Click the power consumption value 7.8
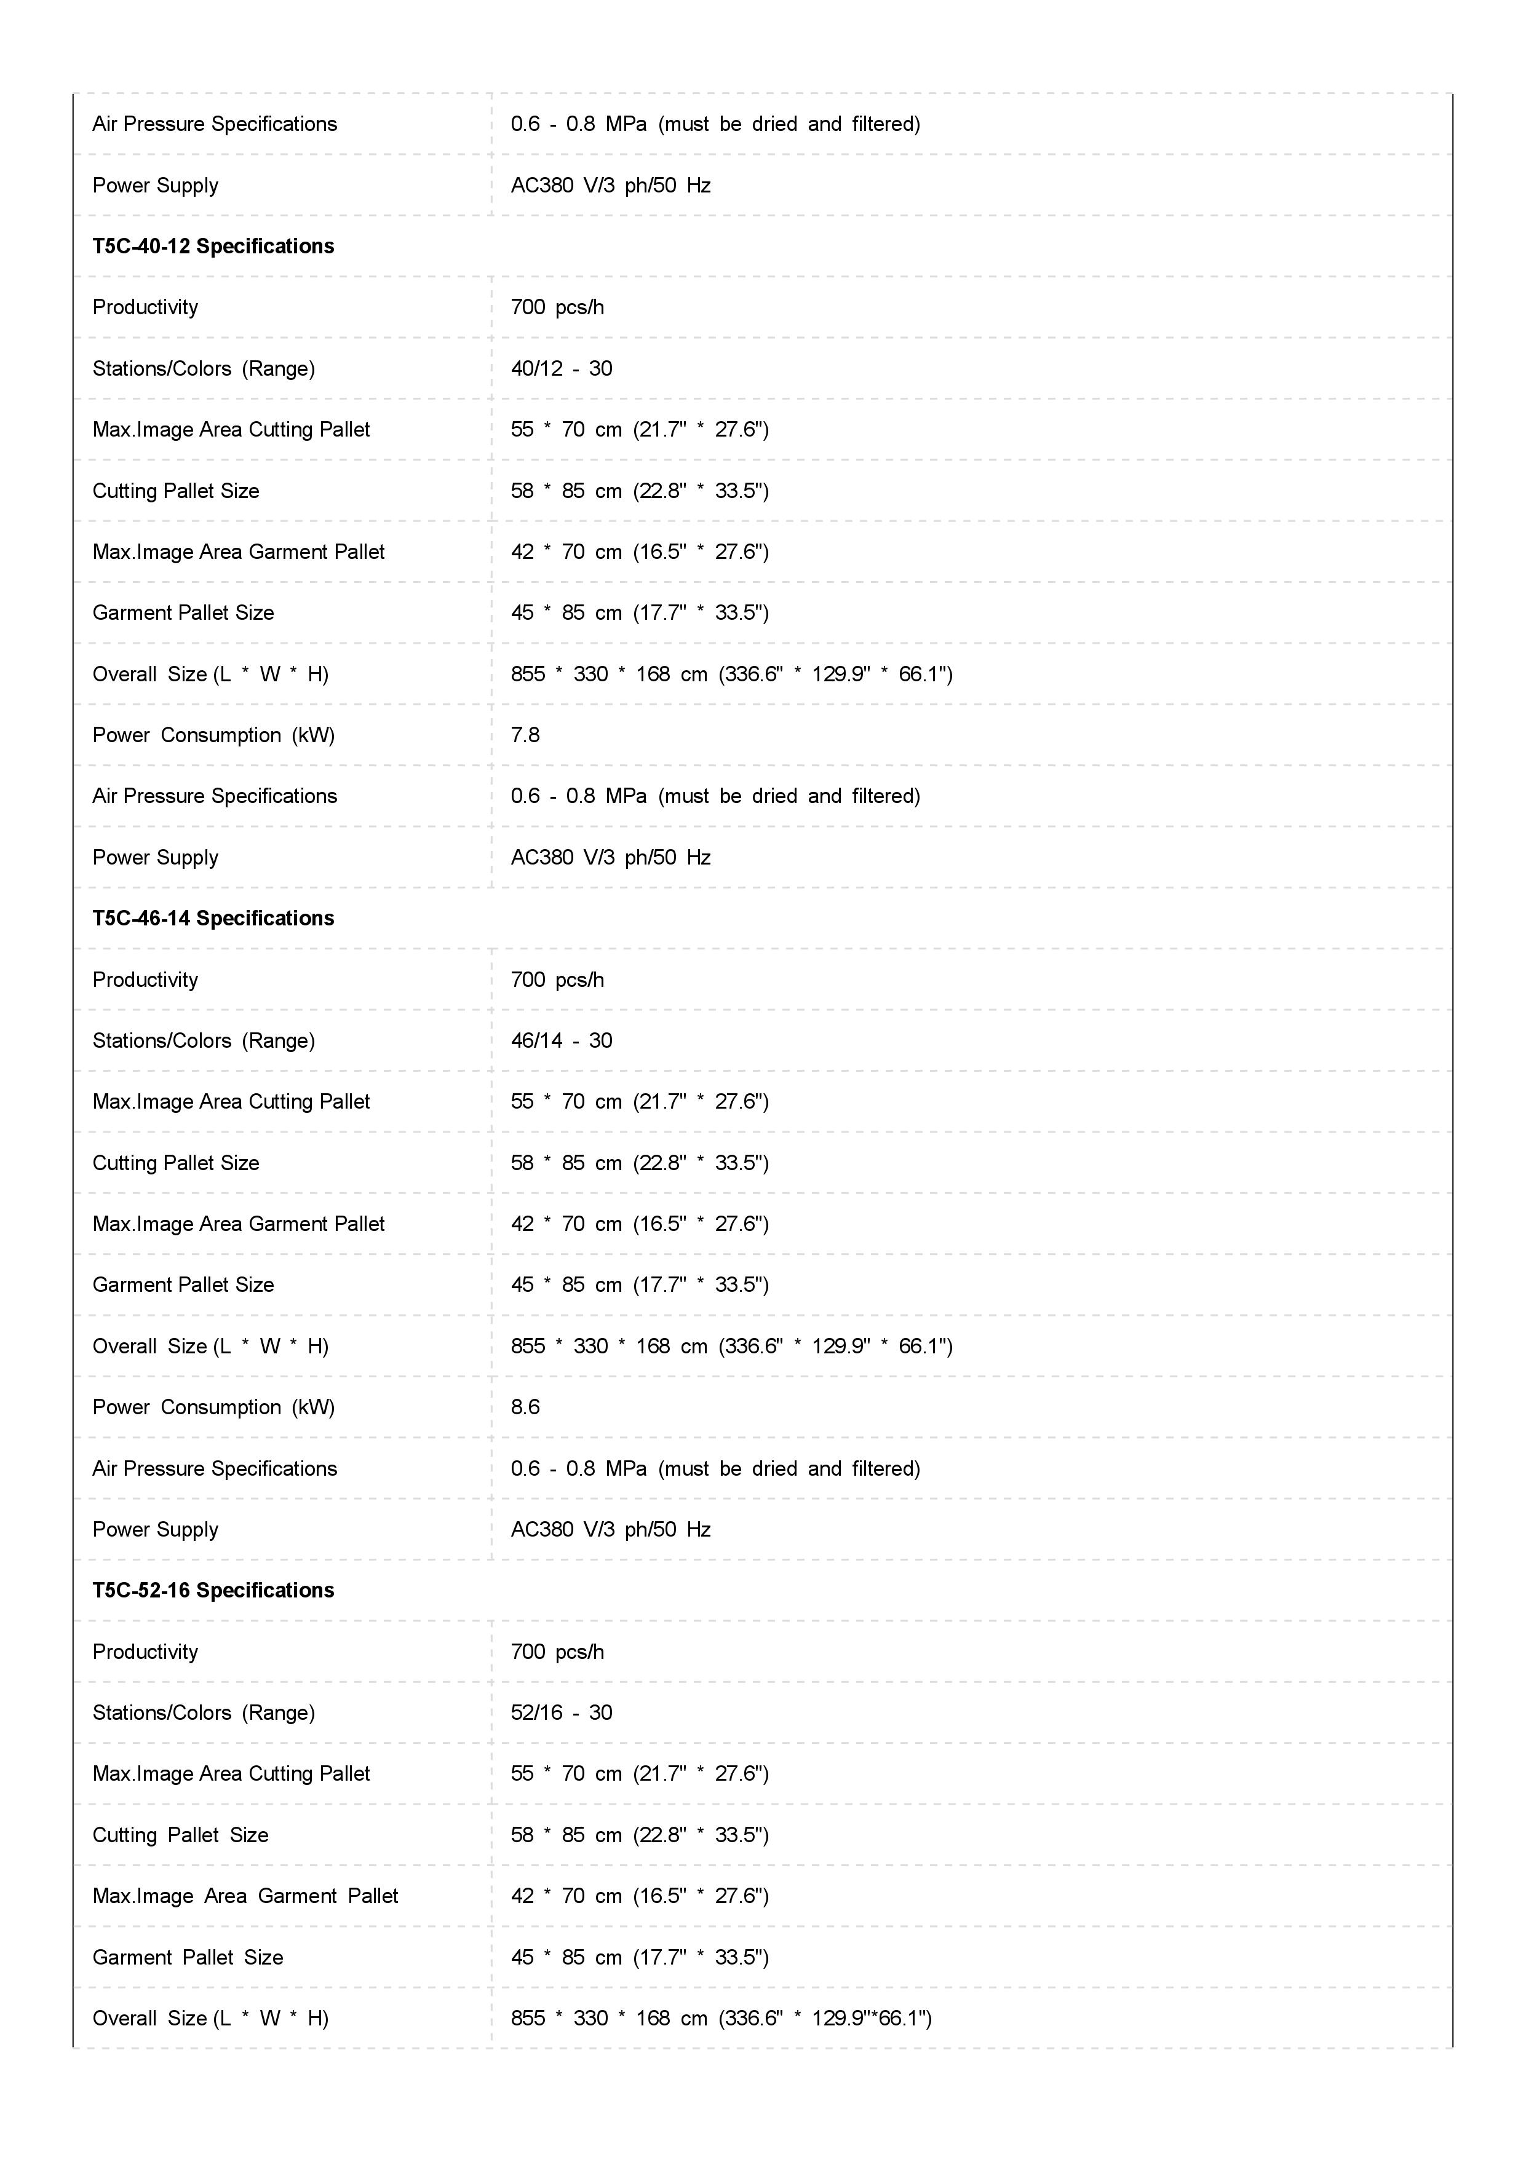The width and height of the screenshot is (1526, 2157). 525,735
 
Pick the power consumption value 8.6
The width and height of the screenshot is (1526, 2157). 525,1406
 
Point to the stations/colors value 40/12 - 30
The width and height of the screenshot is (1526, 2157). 561,368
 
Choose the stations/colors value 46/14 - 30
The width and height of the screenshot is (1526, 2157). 561,1040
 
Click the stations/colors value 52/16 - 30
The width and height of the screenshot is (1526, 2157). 561,1712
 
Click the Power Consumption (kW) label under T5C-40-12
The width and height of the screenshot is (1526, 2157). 213,735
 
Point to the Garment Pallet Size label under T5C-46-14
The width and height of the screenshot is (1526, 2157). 183,1284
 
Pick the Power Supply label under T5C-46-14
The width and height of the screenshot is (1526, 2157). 155,1529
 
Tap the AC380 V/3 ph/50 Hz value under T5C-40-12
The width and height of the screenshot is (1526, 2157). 611,857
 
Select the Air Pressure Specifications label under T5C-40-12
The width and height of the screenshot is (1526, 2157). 214,796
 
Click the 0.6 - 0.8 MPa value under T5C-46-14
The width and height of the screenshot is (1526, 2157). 715,1468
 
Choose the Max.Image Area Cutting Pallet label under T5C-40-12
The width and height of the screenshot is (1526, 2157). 231,429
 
